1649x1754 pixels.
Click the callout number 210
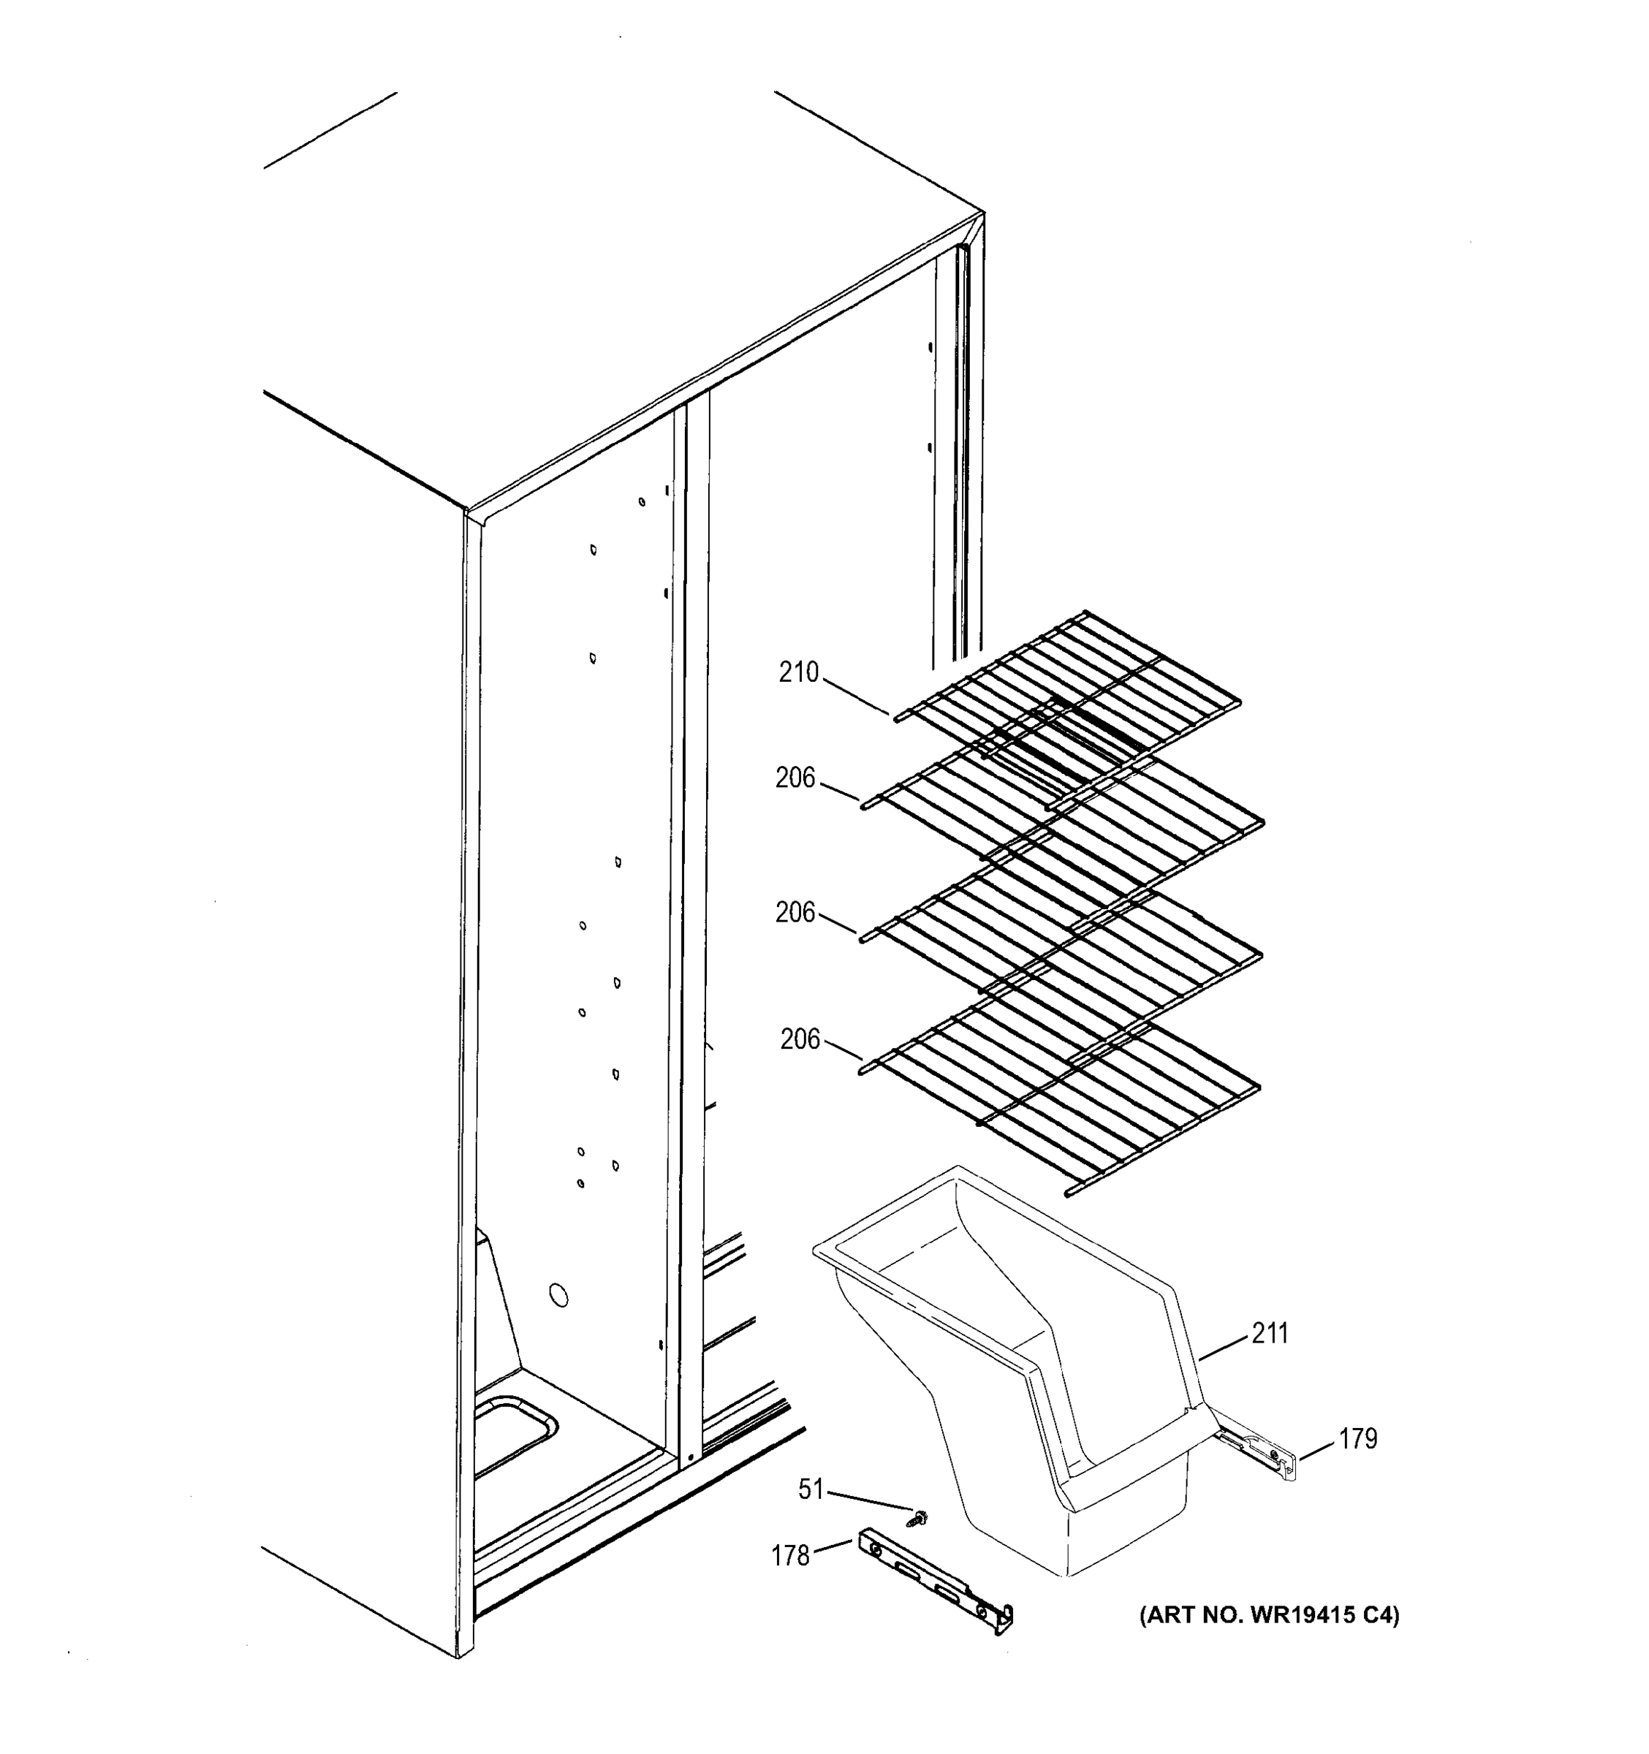point(798,673)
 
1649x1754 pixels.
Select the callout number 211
point(1270,1333)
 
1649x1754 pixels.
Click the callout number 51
point(810,1489)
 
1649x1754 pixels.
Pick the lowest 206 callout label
point(800,1039)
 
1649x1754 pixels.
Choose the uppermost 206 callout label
point(795,778)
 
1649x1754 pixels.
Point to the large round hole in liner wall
point(558,1295)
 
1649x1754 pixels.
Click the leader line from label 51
point(869,1500)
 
